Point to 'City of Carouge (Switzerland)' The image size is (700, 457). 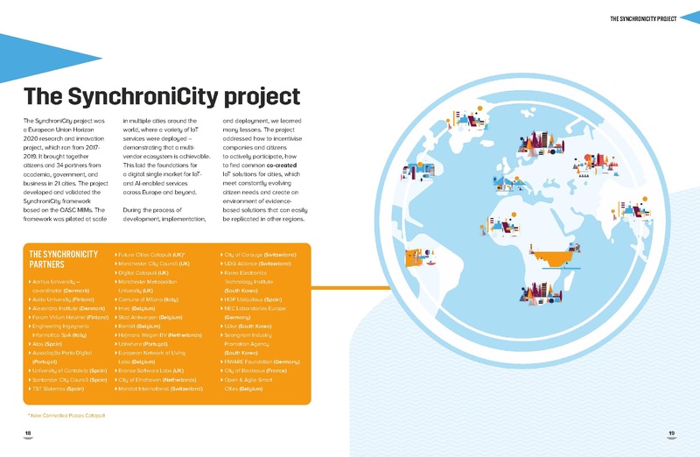pyautogui.click(x=258, y=254)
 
